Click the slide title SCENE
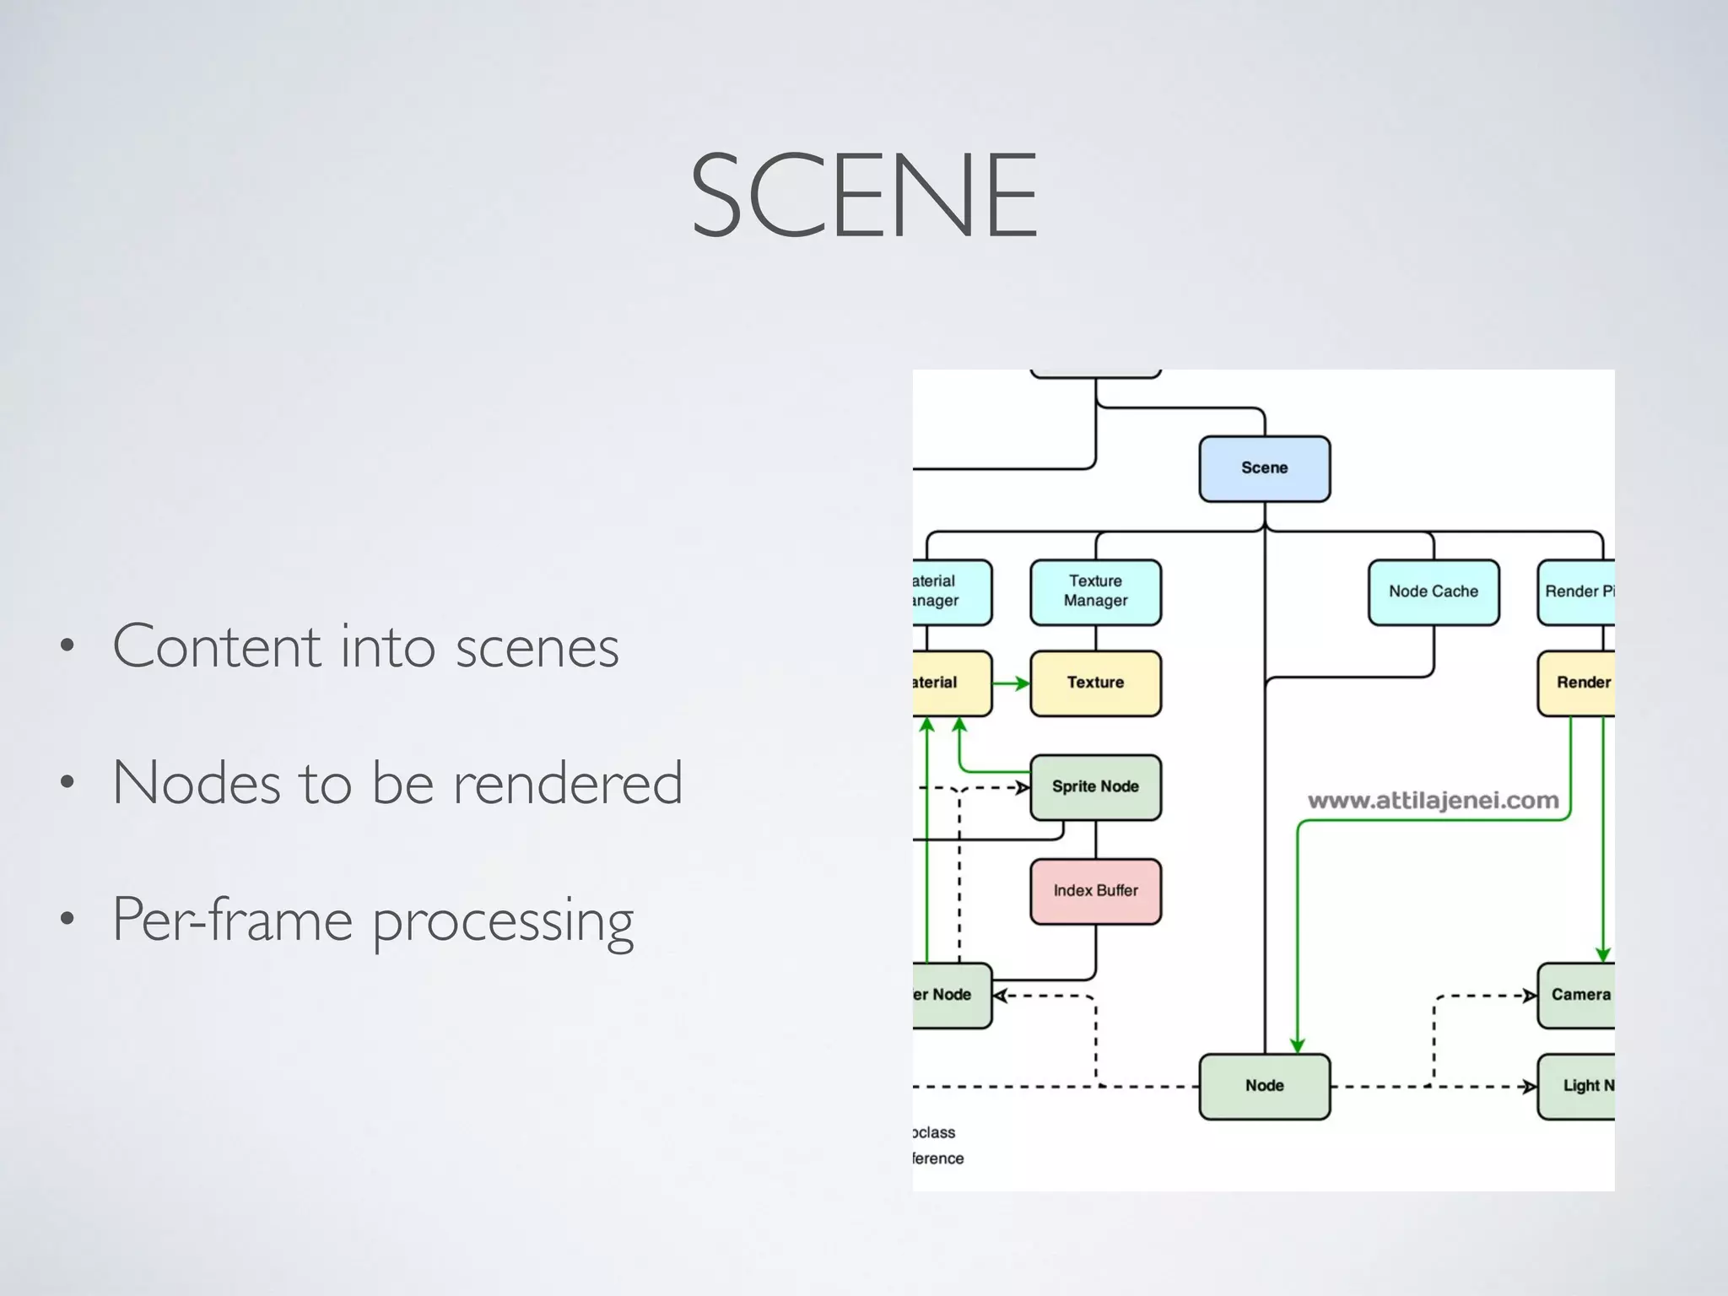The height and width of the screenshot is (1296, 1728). tap(864, 195)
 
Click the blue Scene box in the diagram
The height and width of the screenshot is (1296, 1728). tap(1264, 468)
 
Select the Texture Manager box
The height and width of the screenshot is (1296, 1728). tap(1095, 591)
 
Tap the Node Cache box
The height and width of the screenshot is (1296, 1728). tap(1433, 591)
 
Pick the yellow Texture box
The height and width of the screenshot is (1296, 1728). tap(1095, 683)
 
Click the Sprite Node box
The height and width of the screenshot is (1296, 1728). tap(1095, 786)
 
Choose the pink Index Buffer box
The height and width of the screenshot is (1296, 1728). tap(1095, 891)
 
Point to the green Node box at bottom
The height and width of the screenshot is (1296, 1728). tap(1264, 1086)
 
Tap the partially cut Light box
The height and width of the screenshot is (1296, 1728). tap(1578, 1086)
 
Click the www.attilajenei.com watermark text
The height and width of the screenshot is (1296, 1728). tap(1433, 801)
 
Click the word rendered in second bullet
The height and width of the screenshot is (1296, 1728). tap(567, 783)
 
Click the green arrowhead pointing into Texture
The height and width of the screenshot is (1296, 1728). tap(1022, 683)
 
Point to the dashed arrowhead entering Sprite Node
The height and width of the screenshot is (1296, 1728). tap(1022, 788)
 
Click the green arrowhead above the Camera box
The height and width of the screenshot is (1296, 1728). tap(1603, 955)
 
